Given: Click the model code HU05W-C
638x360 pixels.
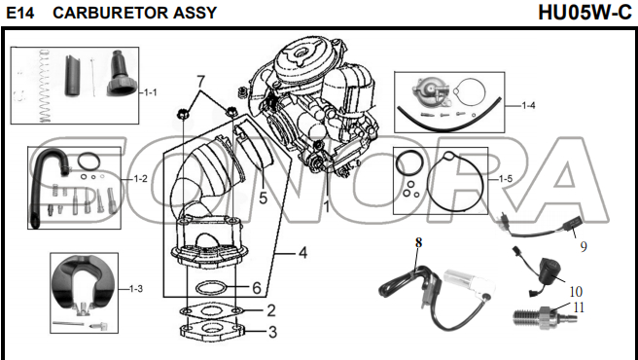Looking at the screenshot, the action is (585, 13).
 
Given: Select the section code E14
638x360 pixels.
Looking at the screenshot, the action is (20, 13).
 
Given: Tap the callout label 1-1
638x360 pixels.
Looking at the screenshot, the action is (150, 92).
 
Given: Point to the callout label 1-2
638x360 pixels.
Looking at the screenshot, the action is (140, 179).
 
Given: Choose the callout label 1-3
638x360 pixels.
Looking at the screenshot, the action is (136, 289).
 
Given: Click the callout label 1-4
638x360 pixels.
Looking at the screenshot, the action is (528, 106).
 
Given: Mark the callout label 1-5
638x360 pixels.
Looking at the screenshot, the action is (506, 179).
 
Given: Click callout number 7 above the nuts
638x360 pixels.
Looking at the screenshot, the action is (199, 82).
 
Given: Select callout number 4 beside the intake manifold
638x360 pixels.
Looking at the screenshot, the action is (302, 253).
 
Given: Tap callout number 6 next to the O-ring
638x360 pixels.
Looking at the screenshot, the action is (257, 288).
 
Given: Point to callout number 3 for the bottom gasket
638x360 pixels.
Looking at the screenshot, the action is (272, 332).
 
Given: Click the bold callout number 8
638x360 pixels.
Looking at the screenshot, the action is (418, 242).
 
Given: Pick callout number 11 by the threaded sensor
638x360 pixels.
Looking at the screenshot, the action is (579, 307).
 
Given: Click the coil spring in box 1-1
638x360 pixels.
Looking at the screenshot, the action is (45, 86).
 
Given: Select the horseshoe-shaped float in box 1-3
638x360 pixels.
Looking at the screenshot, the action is (84, 285).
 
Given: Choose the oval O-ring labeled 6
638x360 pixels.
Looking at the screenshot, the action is (212, 288).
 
